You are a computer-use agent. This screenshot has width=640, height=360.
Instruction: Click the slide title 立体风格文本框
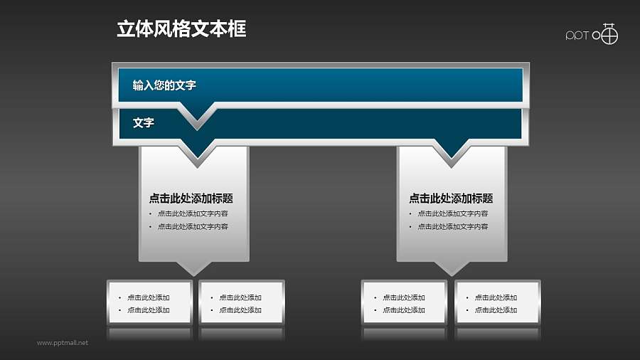tap(181, 29)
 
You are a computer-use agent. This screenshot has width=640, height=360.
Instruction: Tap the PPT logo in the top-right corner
tap(592, 35)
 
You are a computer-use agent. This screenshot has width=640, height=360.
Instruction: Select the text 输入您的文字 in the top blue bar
tap(164, 85)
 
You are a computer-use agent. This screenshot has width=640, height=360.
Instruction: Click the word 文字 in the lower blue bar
tap(144, 123)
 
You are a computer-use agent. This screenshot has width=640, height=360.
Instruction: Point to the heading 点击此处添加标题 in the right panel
tap(451, 198)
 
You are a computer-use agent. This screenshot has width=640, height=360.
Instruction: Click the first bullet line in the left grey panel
tap(193, 213)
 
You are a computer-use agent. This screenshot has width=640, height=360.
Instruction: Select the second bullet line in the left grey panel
tap(193, 227)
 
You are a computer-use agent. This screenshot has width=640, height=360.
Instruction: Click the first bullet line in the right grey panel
tap(452, 213)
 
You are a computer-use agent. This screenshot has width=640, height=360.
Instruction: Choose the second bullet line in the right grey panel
tap(452, 227)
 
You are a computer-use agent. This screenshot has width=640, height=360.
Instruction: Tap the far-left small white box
tap(149, 303)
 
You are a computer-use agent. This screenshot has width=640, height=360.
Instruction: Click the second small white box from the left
tap(242, 303)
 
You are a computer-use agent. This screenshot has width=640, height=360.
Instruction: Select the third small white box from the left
tap(404, 303)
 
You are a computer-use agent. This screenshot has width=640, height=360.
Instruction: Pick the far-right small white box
tap(497, 303)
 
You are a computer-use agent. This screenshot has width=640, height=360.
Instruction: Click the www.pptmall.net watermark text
tap(63, 343)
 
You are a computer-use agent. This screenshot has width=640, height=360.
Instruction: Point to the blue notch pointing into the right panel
tap(452, 151)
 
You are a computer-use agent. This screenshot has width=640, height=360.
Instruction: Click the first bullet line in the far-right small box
tap(496, 297)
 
